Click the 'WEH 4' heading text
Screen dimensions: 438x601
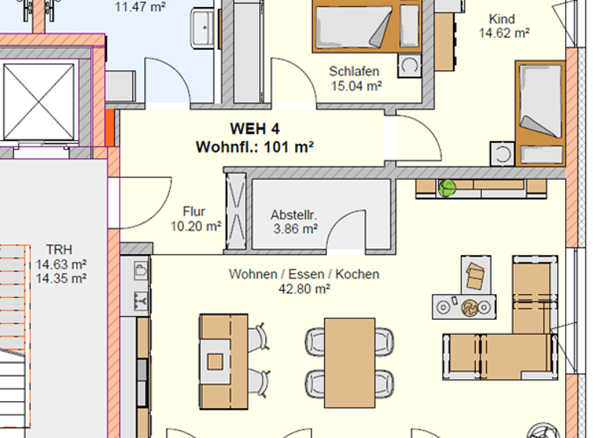254,129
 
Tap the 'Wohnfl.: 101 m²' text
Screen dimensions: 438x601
254,146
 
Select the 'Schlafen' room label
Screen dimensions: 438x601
355,72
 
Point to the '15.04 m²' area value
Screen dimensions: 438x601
355,86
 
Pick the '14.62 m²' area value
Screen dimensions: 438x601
504,33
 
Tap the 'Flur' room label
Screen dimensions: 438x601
194,211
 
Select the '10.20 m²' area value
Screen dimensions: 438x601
196,226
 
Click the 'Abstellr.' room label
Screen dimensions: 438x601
293,214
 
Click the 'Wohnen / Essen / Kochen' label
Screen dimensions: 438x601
304,275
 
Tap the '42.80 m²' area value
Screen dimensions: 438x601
304,289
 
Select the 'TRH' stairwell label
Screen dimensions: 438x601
60,250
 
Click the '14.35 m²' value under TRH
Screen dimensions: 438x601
60,277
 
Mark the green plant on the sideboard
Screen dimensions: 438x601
448,188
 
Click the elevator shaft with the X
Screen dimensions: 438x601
38,99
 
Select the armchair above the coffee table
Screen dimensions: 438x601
474,275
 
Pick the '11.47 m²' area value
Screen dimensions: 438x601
141,8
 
